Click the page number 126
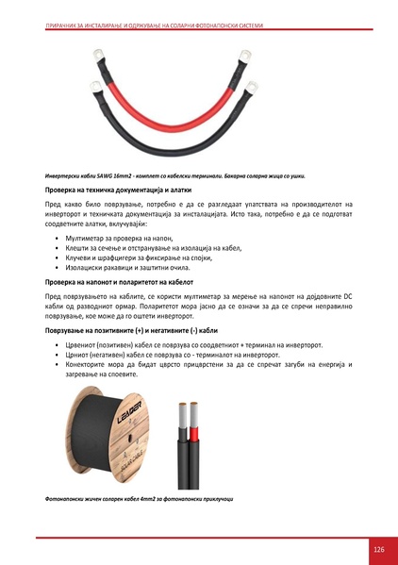(x=378, y=550)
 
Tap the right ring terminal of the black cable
(x=253, y=88)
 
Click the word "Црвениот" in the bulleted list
(x=84, y=347)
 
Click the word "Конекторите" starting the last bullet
(x=90, y=365)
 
